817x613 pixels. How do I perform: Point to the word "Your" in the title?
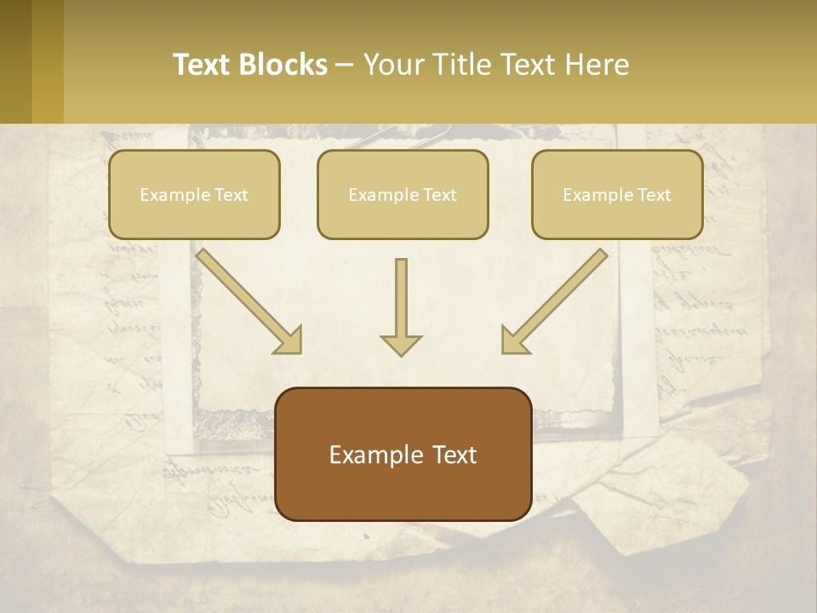point(393,65)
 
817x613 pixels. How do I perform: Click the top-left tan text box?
point(194,194)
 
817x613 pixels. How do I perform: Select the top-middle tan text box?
point(403,194)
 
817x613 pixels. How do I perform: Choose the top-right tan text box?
point(617,194)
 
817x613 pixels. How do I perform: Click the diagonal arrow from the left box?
point(247,298)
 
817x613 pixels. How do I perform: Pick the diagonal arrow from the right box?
point(557,298)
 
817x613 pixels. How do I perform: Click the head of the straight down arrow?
point(401,345)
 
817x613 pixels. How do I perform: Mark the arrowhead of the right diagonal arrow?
point(515,340)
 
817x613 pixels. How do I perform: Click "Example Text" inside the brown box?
point(403,455)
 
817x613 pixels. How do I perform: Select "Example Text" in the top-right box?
point(617,195)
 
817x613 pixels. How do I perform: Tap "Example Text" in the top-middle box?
point(403,195)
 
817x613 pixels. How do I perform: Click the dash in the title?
point(345,66)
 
